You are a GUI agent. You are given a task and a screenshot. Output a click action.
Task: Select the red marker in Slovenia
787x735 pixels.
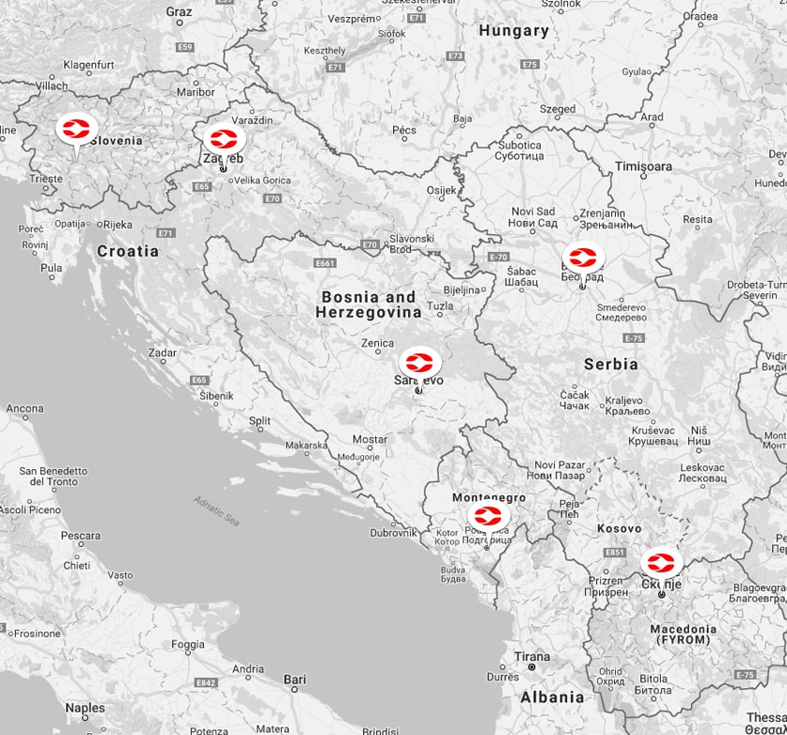click(76, 129)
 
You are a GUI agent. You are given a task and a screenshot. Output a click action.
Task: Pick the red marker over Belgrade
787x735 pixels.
click(583, 257)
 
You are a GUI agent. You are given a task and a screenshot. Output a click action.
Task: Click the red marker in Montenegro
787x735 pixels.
click(489, 516)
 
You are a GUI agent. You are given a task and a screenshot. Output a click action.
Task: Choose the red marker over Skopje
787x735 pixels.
click(662, 564)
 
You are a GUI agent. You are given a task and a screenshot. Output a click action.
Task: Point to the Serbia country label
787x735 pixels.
click(610, 364)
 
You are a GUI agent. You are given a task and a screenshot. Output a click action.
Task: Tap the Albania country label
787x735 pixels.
click(552, 696)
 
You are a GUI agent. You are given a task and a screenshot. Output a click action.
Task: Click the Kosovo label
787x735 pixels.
click(619, 529)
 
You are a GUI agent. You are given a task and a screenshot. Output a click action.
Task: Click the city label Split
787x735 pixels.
click(260, 421)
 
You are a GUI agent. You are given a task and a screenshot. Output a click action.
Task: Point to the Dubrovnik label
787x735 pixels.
click(393, 532)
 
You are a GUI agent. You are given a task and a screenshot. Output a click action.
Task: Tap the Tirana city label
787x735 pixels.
click(531, 657)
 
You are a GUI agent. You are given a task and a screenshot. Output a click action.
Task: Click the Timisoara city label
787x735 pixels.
click(644, 166)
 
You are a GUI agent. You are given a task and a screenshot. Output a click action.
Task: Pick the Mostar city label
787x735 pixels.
click(370, 439)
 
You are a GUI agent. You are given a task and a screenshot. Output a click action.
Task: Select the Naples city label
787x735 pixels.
click(85, 708)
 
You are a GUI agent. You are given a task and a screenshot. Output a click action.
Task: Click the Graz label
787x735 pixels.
click(179, 12)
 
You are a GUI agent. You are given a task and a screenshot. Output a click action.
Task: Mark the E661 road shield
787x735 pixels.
click(325, 263)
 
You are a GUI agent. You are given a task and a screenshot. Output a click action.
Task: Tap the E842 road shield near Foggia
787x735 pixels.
click(206, 681)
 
